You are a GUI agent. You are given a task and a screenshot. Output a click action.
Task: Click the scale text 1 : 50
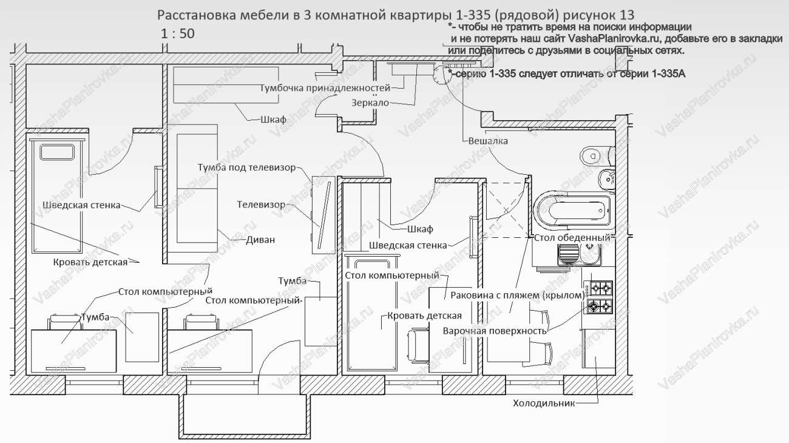click(178, 33)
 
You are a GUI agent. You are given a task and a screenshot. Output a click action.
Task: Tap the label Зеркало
click(370, 103)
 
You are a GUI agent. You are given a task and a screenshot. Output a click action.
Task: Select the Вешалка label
click(488, 141)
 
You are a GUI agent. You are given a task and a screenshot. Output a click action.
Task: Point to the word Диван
click(260, 240)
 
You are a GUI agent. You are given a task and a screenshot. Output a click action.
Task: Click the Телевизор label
click(260, 205)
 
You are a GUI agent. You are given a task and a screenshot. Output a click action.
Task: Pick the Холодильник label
click(543, 403)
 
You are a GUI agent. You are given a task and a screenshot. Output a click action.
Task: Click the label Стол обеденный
click(572, 237)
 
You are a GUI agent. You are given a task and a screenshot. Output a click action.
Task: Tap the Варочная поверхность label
click(495, 331)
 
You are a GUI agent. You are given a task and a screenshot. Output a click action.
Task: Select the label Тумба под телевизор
click(246, 167)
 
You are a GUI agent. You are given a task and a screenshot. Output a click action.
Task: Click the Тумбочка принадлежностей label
click(325, 88)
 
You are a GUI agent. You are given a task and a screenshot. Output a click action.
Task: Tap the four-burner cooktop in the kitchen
click(598, 296)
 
